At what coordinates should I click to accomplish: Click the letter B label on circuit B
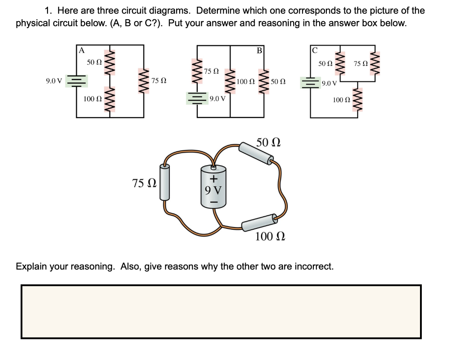pos(259,50)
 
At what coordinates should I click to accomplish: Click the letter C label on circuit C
pos(315,50)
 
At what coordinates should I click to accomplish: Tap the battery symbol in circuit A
pos(76,81)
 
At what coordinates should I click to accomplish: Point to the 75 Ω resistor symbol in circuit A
pos(144,81)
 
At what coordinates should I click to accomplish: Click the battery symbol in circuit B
pos(197,98)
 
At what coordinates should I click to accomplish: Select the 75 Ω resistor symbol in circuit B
pos(197,69)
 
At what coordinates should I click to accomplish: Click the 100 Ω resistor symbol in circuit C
pos(357,99)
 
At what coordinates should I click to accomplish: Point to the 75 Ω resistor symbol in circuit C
pos(375,64)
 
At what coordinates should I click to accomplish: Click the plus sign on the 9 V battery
pos(214,178)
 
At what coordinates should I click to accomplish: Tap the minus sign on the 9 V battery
pos(214,203)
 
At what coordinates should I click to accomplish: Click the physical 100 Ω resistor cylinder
pos(259,222)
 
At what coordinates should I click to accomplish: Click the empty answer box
pos(221,312)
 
